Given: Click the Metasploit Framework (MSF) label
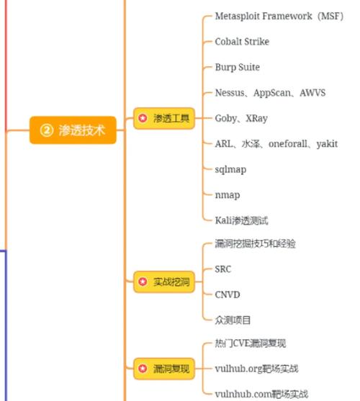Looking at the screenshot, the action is click(x=279, y=16).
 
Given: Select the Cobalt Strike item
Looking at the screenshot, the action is click(x=242, y=42).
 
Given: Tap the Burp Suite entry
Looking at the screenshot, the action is click(x=238, y=67).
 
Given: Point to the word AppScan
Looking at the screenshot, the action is click(x=272, y=93).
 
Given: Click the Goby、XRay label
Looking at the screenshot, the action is click(x=241, y=118).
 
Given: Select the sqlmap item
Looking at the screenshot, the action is click(x=230, y=170).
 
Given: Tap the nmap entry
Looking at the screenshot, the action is click(x=228, y=195).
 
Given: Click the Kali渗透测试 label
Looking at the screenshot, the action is click(x=241, y=220).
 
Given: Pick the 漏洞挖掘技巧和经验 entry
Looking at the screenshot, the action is click(x=255, y=244).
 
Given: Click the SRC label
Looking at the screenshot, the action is click(x=222, y=269).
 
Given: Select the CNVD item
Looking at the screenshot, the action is click(x=228, y=294).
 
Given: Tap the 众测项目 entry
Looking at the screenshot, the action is click(x=233, y=320).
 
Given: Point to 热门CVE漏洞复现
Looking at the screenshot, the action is click(x=251, y=343).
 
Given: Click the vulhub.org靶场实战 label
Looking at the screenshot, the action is click(x=256, y=369).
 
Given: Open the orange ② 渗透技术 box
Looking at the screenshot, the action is click(x=73, y=130).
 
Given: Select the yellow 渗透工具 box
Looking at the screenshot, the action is click(x=164, y=118).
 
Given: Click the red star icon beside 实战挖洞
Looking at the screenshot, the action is click(x=143, y=281).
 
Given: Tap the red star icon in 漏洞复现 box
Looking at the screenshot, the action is click(x=143, y=369).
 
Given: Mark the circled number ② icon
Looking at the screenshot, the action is click(x=47, y=130).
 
